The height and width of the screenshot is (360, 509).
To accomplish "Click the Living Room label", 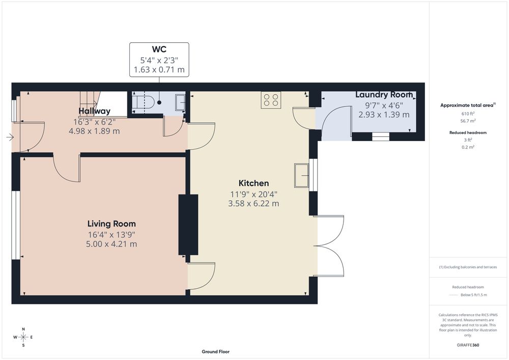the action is point(111,224).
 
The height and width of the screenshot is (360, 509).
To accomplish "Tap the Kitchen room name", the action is point(253,183).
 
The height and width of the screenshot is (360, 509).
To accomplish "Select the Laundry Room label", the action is point(384,95).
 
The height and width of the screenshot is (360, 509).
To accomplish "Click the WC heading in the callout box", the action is point(159,49).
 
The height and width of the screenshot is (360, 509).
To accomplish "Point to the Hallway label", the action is point(95,111).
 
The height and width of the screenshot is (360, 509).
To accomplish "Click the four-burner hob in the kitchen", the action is point(271,100).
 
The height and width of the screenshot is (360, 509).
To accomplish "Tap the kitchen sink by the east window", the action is point(302,176).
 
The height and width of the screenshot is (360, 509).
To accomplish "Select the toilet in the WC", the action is point(145,102).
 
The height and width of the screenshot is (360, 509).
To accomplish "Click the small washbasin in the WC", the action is point(180,102).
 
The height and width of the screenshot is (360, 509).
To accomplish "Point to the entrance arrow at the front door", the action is point(10,137).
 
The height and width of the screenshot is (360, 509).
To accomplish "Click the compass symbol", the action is point(23,337).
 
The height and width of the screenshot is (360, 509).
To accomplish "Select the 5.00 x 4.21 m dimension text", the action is point(111,244).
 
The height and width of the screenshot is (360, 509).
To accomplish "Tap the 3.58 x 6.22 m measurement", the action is point(253,204).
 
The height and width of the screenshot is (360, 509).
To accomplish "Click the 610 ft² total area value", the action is point(468,114).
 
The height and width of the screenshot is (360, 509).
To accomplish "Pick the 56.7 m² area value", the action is point(468,121).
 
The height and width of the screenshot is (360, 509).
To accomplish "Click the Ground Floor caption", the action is point(215,351).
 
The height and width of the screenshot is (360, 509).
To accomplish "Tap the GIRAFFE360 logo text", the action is point(468,345).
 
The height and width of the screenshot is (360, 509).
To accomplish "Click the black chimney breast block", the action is point(188,225).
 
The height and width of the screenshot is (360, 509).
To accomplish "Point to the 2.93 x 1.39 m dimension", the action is point(384,115).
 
